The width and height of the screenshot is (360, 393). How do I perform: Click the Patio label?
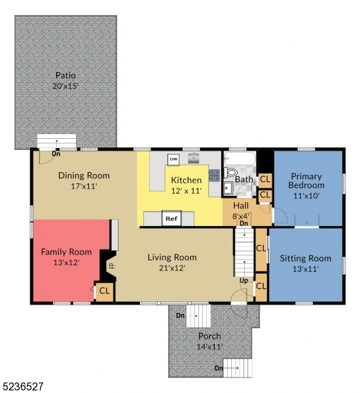pyautogui.click(x=65, y=75)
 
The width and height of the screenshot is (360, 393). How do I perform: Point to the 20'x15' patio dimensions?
pyautogui.click(x=65, y=86)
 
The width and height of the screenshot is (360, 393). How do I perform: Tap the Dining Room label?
pyautogui.click(x=84, y=176)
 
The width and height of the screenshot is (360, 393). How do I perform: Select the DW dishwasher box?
pyautogui.click(x=173, y=159)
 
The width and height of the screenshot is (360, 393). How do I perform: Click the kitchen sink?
pyautogui.click(x=194, y=158)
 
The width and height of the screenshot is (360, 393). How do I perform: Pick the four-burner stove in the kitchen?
pyautogui.click(x=214, y=175)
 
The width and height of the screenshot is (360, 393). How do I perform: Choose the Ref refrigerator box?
pyautogui.click(x=171, y=218)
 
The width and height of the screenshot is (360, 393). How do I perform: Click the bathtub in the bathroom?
pyautogui.click(x=240, y=158)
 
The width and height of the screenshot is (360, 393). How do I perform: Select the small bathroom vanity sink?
pyautogui.click(x=227, y=189)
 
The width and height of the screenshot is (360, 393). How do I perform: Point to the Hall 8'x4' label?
pyautogui.click(x=241, y=210)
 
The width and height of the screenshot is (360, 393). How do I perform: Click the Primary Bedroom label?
pyautogui.click(x=306, y=181)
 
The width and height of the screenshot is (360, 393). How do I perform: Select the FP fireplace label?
pyautogui.click(x=112, y=266)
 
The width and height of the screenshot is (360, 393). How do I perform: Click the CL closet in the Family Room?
pyautogui.click(x=105, y=291)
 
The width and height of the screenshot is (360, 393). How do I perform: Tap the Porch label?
pyautogui.click(x=209, y=337)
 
